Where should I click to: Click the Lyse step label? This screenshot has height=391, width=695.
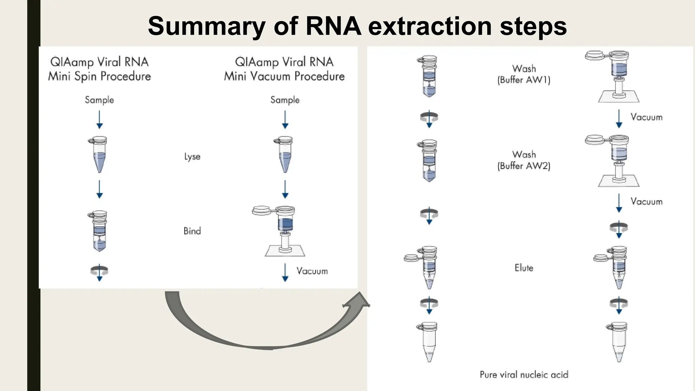click(x=192, y=156)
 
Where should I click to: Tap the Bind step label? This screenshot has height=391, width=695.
click(x=192, y=231)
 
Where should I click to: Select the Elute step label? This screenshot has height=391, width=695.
click(x=524, y=268)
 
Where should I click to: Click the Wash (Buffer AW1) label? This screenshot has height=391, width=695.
click(x=524, y=74)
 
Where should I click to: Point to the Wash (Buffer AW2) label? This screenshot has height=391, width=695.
click(x=524, y=160)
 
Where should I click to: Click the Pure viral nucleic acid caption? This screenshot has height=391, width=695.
click(x=524, y=374)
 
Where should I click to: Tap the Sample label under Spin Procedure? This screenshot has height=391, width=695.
click(x=99, y=100)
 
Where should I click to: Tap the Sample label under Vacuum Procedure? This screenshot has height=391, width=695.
click(x=285, y=100)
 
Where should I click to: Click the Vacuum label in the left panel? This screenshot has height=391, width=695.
click(x=312, y=271)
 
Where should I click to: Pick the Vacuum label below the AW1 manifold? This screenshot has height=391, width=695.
click(x=646, y=117)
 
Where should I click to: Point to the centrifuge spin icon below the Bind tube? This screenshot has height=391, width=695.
click(x=99, y=271)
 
